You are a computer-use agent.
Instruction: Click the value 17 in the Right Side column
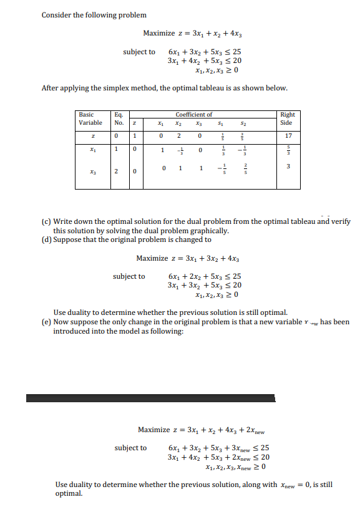click(x=288, y=135)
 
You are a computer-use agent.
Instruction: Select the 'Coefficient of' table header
click(x=193, y=115)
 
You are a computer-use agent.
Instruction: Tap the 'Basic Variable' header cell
click(x=90, y=118)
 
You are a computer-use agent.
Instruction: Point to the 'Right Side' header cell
click(x=288, y=118)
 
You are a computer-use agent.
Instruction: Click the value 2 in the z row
click(x=180, y=135)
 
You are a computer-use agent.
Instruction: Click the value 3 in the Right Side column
click(x=288, y=166)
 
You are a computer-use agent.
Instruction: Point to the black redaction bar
click(x=150, y=398)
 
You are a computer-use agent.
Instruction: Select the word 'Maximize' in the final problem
click(x=153, y=430)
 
